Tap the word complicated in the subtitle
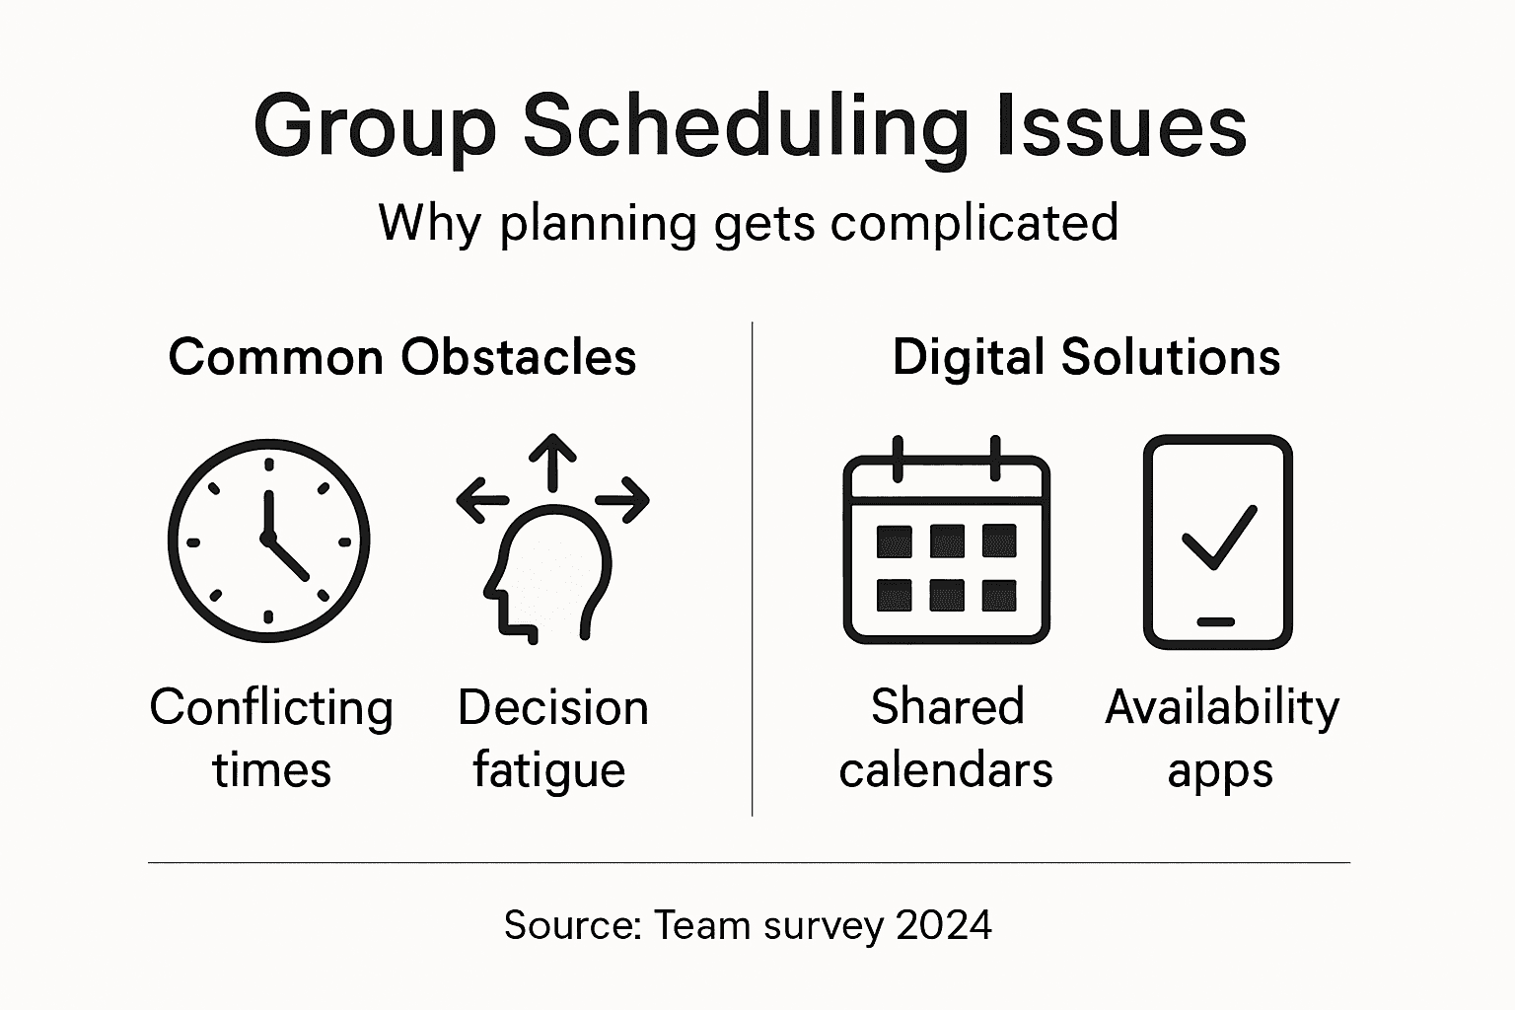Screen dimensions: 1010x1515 coord(974,223)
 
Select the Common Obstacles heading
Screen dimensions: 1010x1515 coord(402,357)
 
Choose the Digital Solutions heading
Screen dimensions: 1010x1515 coord(1086,357)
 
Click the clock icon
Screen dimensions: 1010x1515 coord(268,541)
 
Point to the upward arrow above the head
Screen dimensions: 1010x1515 coord(552,462)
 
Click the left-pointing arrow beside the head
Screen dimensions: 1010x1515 coord(481,501)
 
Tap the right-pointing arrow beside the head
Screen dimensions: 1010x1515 coord(623,501)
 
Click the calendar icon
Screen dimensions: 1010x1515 coord(946,541)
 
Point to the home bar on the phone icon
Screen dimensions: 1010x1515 coord(1216,621)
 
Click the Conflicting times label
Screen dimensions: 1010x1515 coord(271,738)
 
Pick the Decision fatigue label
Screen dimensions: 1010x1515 coord(551,738)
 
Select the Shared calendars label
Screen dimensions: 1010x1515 coord(946,738)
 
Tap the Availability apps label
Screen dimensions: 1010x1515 coord(1222,738)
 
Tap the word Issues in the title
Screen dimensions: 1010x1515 coord(1121,127)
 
